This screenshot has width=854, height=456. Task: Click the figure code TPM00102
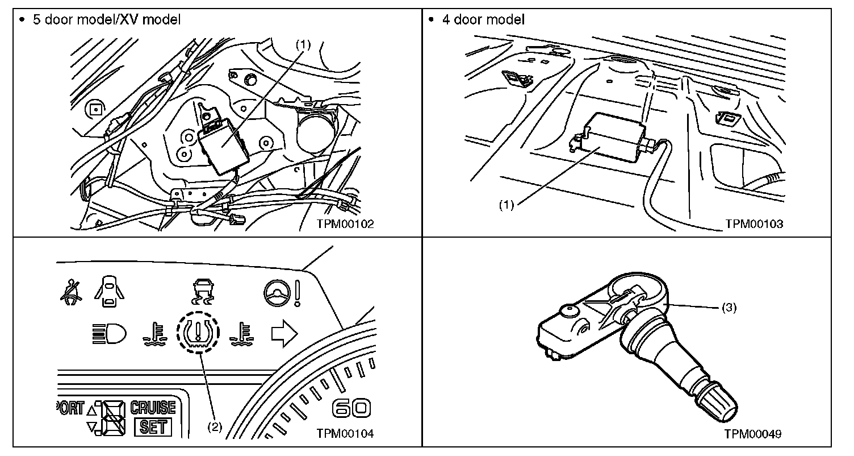[346, 224]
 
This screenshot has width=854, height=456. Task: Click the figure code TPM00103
[754, 224]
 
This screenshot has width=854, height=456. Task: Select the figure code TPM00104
[346, 434]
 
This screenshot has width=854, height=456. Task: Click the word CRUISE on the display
[153, 408]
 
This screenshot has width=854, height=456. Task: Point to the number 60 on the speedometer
[352, 408]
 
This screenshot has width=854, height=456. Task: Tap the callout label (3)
[729, 308]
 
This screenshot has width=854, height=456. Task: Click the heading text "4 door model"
[484, 19]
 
